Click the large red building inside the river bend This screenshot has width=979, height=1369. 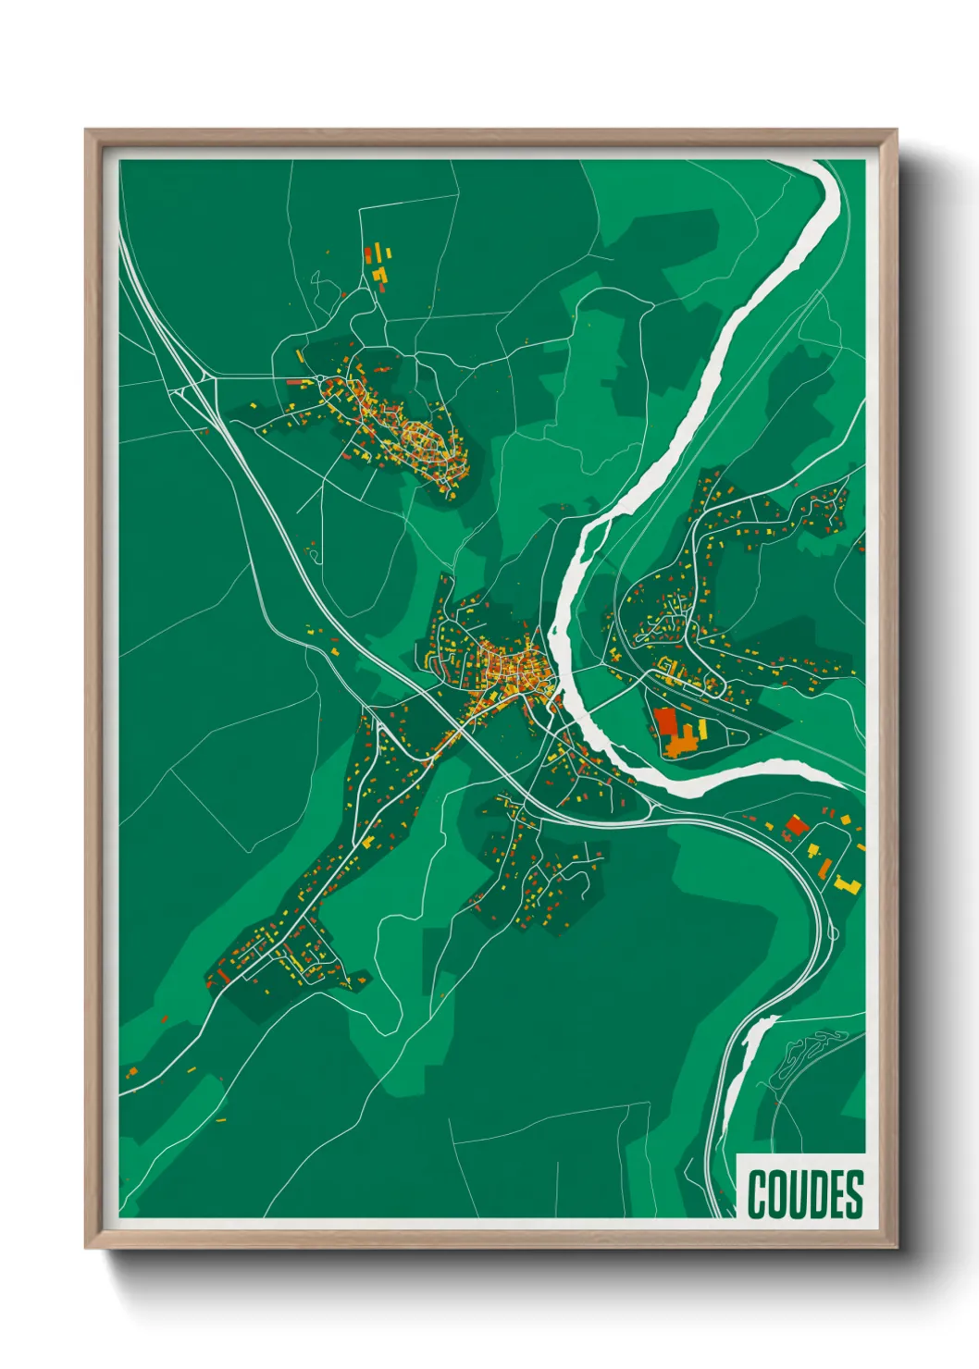tap(665, 721)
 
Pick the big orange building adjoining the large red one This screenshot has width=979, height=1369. tap(682, 739)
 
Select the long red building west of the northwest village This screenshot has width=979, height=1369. tap(296, 381)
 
